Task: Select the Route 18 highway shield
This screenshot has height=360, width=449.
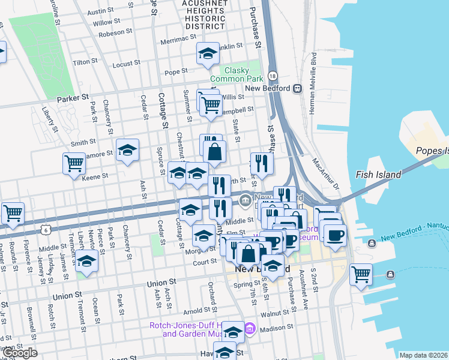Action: pyautogui.click(x=273, y=76)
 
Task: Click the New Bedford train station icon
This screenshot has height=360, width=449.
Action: pyautogui.click(x=297, y=88)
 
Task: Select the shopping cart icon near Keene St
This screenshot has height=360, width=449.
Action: pyautogui.click(x=74, y=163)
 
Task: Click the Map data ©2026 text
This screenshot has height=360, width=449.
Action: pyautogui.click(x=423, y=355)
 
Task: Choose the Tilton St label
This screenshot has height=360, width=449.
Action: pyautogui.click(x=85, y=62)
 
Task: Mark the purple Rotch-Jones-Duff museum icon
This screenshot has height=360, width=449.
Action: pyautogui.click(x=250, y=329)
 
